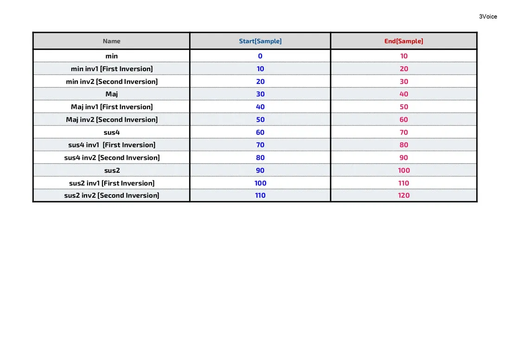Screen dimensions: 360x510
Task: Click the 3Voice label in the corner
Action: (x=488, y=17)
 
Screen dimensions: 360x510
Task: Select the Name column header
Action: (x=111, y=41)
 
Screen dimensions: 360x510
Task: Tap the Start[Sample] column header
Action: (x=260, y=41)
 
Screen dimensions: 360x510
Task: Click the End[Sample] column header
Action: (x=403, y=41)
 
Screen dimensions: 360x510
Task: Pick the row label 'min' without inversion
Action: (x=111, y=56)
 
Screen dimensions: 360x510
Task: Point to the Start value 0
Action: (x=260, y=56)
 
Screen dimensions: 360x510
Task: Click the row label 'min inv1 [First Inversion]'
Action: (x=111, y=69)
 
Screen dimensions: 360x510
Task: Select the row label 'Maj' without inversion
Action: (x=111, y=94)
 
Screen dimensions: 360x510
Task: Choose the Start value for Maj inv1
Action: (x=260, y=107)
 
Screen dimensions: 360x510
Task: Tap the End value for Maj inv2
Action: (x=404, y=120)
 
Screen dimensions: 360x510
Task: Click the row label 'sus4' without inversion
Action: (x=111, y=132)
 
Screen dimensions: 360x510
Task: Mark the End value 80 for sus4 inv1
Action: (x=404, y=145)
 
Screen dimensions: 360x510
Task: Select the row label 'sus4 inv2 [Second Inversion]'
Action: (x=111, y=158)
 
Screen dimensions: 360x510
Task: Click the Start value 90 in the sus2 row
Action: (x=260, y=171)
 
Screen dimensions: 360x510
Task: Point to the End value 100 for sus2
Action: (x=404, y=171)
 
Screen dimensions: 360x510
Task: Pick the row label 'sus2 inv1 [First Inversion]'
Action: (x=111, y=183)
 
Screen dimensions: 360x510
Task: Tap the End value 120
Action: (x=404, y=196)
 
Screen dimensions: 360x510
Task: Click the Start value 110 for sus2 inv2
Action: (x=260, y=196)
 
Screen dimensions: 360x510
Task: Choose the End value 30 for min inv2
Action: (x=404, y=82)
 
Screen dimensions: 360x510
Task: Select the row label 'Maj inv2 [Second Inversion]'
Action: (x=111, y=120)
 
